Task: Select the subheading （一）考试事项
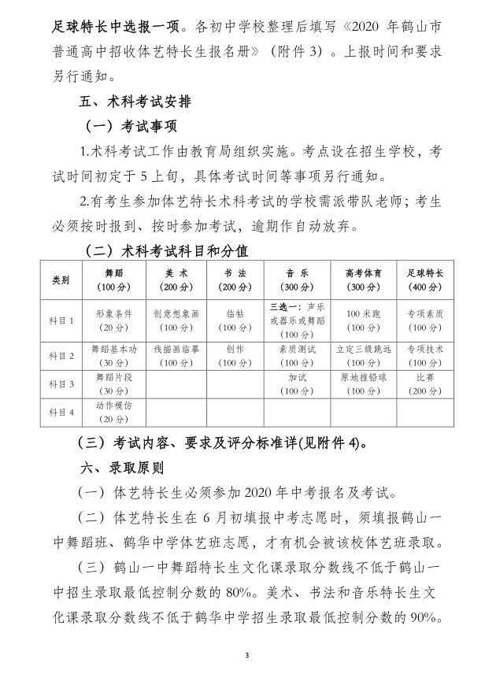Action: coord(130,127)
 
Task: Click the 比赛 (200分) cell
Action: coord(425,384)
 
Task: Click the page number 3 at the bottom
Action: coord(246,655)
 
